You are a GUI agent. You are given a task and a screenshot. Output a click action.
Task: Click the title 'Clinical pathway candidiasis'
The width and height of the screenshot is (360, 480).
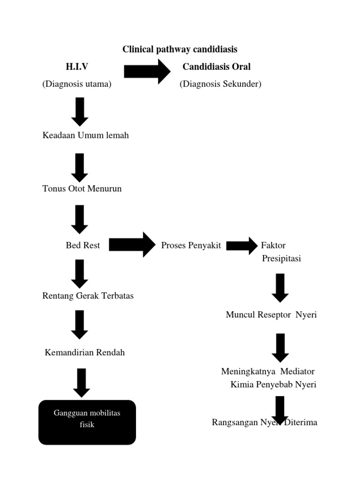(180, 49)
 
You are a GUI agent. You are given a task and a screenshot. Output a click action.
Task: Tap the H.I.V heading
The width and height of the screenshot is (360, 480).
(77, 67)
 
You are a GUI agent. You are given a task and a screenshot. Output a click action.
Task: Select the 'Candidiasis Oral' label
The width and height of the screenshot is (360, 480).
(217, 67)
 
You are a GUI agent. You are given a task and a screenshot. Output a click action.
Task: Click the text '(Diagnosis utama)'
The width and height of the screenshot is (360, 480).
(77, 84)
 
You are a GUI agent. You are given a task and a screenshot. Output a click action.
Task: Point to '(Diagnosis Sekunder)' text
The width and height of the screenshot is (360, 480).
(220, 84)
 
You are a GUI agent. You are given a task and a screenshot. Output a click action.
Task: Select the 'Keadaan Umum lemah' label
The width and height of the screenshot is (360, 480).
(85, 135)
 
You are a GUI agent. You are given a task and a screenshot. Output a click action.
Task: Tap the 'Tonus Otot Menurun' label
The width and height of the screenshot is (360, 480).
(82, 189)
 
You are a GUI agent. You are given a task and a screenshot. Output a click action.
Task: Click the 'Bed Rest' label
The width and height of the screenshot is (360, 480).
(83, 245)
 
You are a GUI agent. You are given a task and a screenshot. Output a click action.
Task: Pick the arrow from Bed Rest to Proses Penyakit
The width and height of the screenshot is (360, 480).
(132, 245)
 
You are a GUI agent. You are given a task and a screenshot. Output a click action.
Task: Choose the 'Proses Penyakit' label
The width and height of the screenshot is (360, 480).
(191, 245)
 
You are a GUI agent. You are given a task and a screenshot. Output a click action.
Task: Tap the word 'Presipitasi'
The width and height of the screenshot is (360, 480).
(281, 259)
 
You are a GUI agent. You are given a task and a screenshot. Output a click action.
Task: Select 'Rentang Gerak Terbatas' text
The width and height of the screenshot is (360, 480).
(88, 296)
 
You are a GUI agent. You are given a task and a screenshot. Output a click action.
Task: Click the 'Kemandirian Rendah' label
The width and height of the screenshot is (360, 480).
(85, 352)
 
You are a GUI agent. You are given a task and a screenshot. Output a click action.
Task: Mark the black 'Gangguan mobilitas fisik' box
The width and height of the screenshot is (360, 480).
(87, 422)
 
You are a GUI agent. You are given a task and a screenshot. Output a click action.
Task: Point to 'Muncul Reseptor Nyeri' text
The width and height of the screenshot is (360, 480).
(271, 315)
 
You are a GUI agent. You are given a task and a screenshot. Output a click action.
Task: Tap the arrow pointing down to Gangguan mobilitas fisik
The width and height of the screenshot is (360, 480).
(81, 382)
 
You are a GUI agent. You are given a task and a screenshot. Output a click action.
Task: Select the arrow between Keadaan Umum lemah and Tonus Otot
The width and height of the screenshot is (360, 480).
(80, 167)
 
